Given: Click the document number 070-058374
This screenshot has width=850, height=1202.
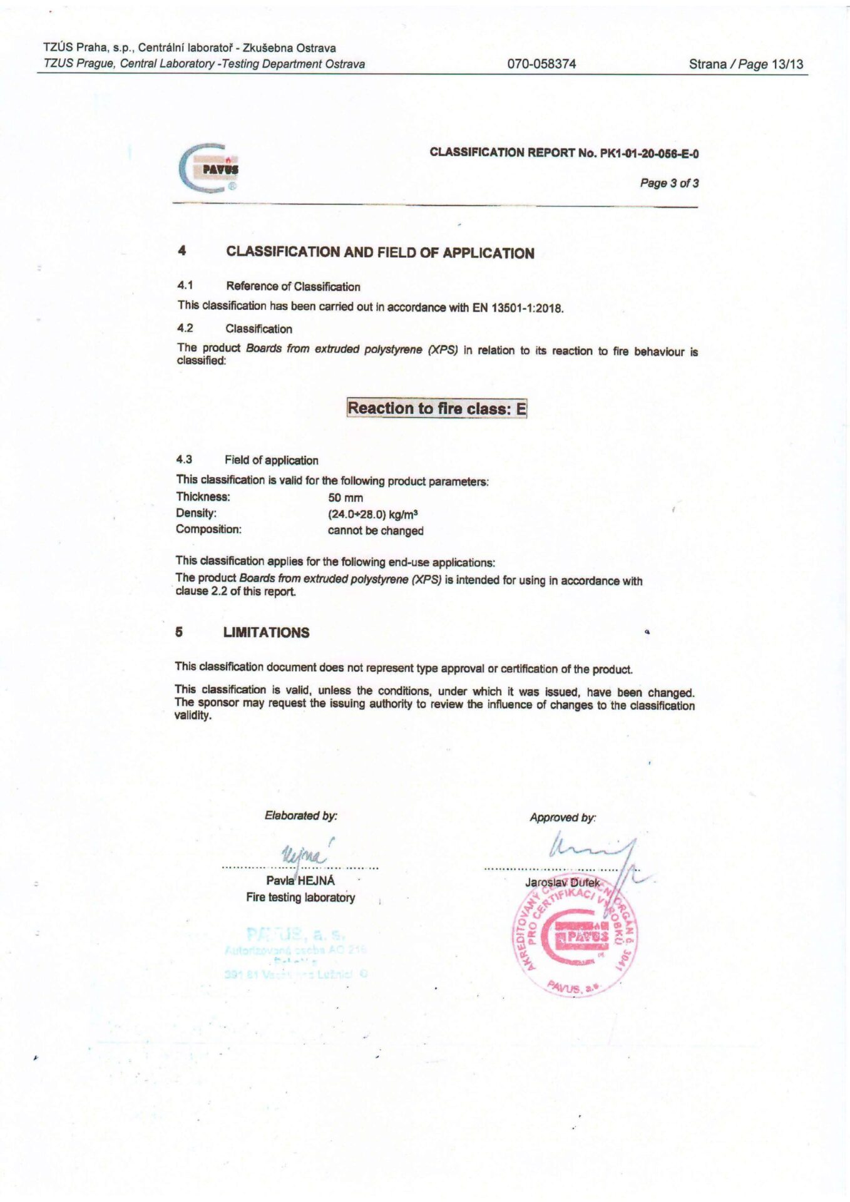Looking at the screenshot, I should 541,64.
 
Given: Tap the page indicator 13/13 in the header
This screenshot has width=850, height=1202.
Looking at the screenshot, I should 787,64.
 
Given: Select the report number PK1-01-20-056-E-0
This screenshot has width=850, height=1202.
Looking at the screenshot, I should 649,153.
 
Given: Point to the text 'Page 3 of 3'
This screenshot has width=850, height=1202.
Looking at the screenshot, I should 668,183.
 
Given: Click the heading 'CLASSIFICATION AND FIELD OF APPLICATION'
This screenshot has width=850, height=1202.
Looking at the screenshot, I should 380,253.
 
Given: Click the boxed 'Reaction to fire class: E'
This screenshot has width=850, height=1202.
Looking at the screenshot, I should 437,408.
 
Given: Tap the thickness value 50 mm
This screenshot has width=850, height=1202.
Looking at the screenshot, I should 346,498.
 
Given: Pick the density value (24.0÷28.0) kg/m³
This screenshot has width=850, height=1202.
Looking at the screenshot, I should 373,514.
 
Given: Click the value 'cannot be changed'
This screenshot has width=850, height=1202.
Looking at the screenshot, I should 376,530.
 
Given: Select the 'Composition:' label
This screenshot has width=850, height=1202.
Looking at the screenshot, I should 208,529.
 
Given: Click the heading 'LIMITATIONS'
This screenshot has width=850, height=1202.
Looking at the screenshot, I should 266,632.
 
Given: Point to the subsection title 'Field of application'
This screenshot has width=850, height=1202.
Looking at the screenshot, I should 271,460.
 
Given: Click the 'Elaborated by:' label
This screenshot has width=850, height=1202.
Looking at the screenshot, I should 300,816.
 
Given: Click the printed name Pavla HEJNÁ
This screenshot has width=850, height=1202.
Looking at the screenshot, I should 300,880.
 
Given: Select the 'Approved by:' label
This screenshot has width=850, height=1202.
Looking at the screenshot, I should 563,818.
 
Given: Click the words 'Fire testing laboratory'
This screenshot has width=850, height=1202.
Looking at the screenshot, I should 300,897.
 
